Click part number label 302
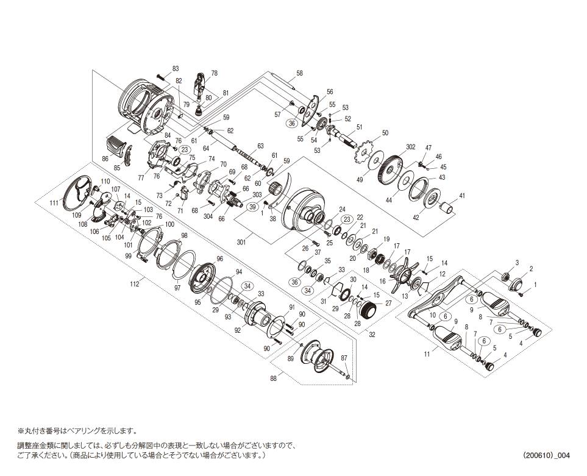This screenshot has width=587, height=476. click(x=411, y=147)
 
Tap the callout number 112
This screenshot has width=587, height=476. click(x=134, y=284)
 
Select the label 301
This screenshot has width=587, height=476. click(x=241, y=243)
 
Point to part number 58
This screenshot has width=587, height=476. click(x=299, y=73)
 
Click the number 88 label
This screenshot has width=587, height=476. click(x=273, y=378)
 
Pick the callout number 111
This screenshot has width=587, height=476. click(x=54, y=203)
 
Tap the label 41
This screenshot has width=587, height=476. click(x=462, y=196)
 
